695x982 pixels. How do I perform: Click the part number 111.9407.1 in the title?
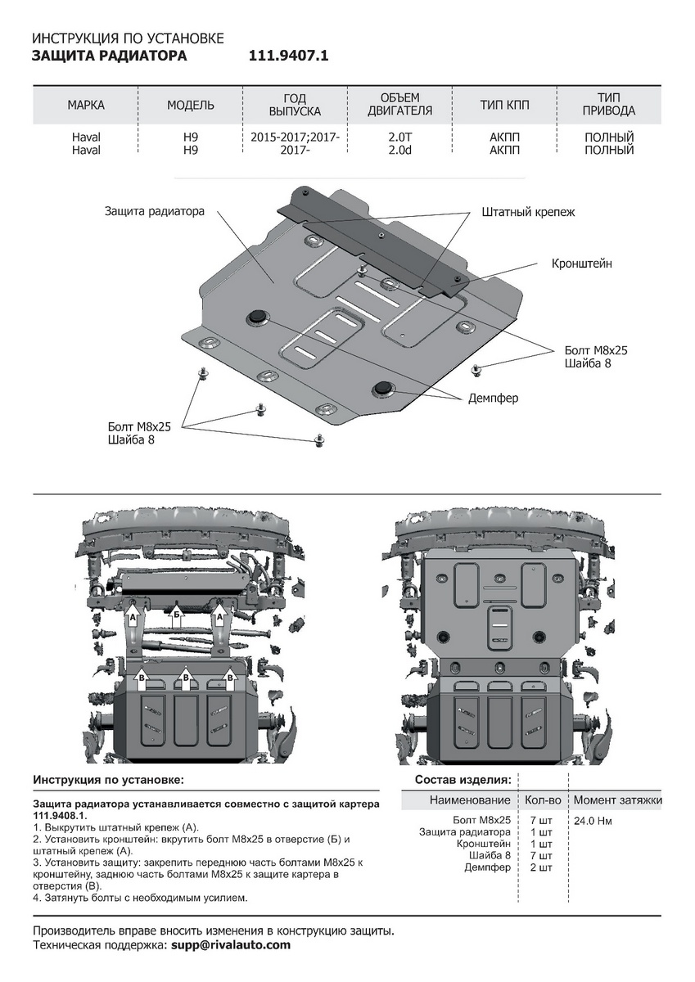(x=288, y=56)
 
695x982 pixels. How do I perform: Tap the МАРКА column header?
(x=86, y=106)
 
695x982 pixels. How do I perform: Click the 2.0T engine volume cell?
(x=400, y=137)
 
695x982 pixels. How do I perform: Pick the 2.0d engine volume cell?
(x=400, y=151)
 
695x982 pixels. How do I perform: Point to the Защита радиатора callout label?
(x=154, y=211)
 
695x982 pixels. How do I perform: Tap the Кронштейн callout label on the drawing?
(x=581, y=264)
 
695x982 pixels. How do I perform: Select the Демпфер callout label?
(x=493, y=398)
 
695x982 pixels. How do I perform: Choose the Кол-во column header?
(x=543, y=800)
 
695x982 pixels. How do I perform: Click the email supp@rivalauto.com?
(x=231, y=945)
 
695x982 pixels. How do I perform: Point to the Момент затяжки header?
(x=617, y=800)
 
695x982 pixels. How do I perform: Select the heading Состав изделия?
(x=463, y=779)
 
